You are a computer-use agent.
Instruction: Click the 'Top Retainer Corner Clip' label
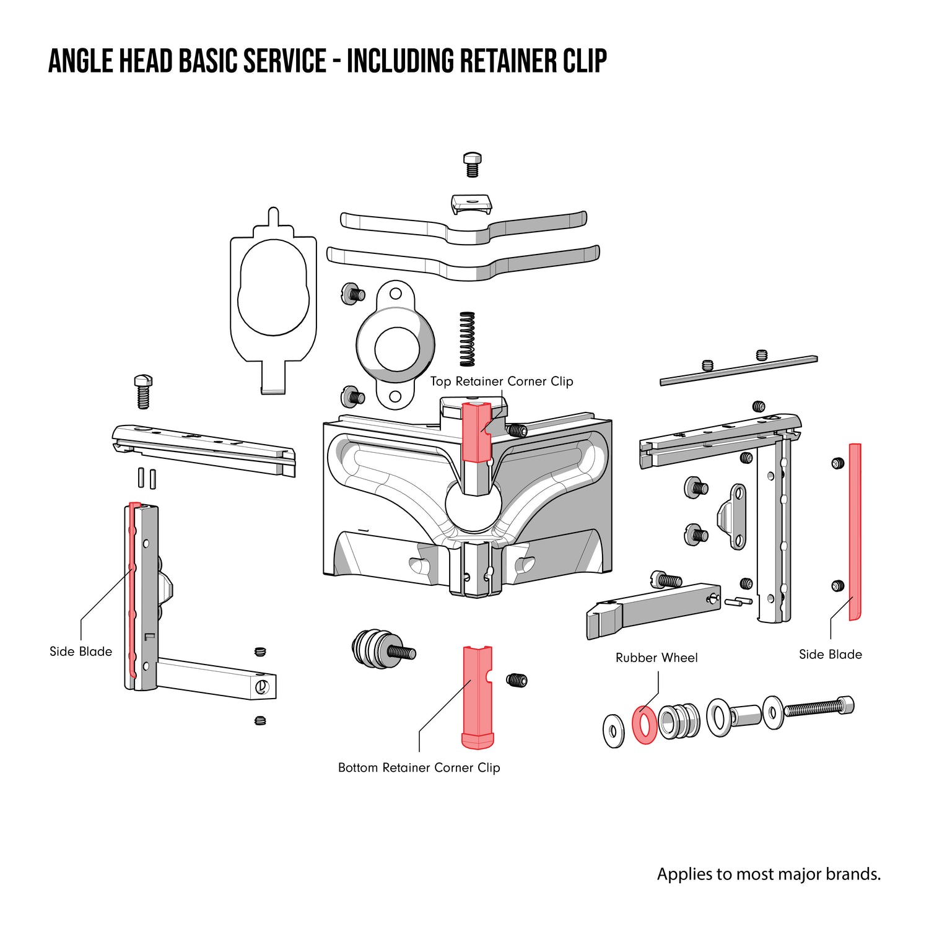point(502,382)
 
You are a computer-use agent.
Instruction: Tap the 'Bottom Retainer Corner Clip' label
point(419,767)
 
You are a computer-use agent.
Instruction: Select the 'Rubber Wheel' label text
point(656,658)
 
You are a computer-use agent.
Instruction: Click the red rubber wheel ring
point(644,724)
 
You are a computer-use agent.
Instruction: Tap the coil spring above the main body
point(467,339)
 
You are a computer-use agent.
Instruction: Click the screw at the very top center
point(473,164)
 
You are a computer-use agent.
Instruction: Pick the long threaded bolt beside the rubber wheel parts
point(818,707)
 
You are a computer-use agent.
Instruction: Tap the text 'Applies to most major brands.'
point(769,874)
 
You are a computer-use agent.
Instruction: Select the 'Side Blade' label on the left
point(81,652)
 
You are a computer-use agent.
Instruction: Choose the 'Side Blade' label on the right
point(830,655)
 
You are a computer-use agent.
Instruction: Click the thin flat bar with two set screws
point(738,370)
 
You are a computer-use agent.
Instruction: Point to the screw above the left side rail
point(143,391)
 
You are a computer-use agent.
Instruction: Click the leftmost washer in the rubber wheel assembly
point(613,730)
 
